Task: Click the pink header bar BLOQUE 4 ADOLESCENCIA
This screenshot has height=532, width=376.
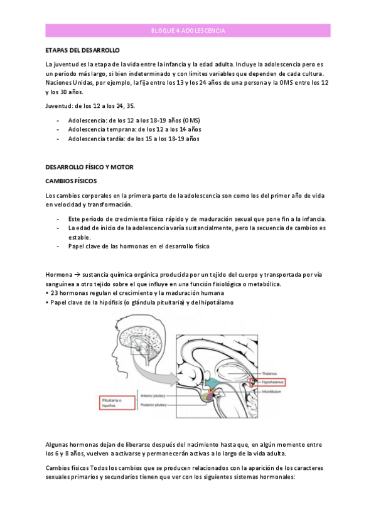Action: click(188, 30)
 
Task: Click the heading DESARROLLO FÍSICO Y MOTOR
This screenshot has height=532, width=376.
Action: click(89, 168)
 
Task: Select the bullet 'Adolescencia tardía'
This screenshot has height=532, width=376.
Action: click(133, 139)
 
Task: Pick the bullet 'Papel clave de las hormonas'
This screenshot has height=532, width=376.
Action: click(138, 247)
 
